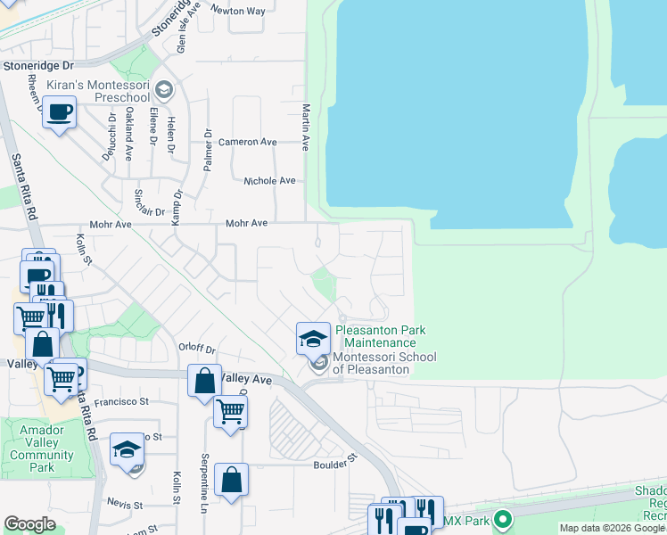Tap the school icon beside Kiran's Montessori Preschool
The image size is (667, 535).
164,89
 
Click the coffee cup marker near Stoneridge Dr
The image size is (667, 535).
59,113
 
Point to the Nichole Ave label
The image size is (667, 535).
269,180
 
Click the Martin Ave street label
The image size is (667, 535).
305,126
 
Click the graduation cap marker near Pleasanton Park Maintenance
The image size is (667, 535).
313,337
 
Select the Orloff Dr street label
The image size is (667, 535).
198,350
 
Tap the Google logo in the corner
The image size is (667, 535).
29,524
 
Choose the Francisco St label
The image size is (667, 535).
124,402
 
